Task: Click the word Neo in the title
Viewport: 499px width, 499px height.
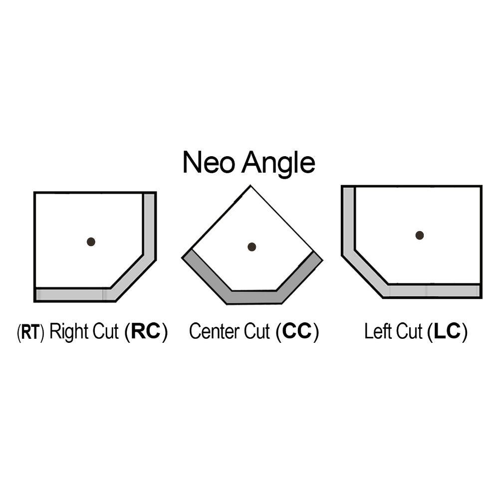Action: pyautogui.click(x=209, y=163)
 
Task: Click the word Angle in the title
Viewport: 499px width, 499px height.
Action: pyautogui.click(x=278, y=164)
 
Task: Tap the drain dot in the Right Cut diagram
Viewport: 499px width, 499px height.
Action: pyautogui.click(x=91, y=242)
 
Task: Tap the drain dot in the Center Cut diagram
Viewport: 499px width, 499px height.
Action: pyautogui.click(x=252, y=247)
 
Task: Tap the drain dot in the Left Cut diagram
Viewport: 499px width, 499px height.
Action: pyautogui.click(x=420, y=235)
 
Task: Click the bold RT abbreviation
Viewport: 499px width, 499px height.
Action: pyautogui.click(x=30, y=333)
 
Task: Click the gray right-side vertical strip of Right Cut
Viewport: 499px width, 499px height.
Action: pyautogui.click(x=149, y=225)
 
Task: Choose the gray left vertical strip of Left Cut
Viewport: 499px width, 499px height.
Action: pyautogui.click(x=348, y=220)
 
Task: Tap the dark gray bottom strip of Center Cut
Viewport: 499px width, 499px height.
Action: pyautogui.click(x=254, y=297)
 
